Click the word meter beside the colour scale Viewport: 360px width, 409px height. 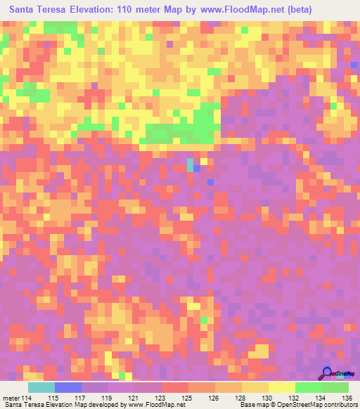click(x=11, y=398)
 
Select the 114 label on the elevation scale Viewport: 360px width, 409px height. click(x=28, y=398)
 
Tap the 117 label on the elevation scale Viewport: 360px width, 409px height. click(x=82, y=398)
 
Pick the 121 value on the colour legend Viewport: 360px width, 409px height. click(x=135, y=398)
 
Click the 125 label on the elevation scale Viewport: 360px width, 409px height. click(x=188, y=398)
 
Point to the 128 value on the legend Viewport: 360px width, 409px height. click(x=242, y=398)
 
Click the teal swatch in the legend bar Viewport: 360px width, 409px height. click(x=41, y=387)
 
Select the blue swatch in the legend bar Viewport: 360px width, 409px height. click(x=68, y=387)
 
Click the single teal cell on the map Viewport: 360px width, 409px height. click(x=190, y=164)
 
